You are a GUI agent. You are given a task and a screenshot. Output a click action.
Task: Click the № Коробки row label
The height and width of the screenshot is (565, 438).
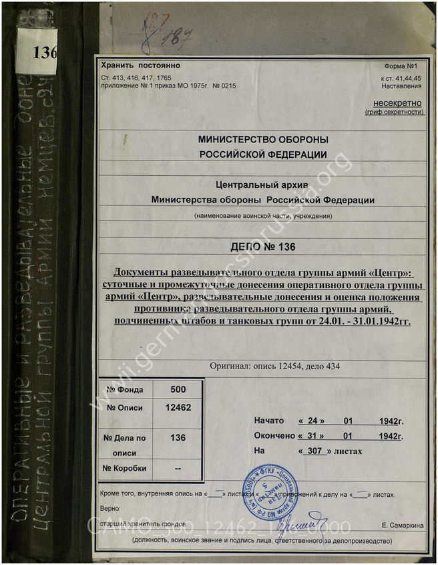coord(125,469)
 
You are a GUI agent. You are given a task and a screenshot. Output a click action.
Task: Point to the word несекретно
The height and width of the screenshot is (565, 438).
coord(398,103)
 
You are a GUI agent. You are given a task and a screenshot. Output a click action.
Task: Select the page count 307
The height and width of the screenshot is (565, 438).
coord(314,451)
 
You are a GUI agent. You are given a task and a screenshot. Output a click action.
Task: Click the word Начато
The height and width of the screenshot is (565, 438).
coord(269,421)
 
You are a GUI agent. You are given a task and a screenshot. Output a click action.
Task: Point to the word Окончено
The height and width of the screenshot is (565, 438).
coord(274,436)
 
